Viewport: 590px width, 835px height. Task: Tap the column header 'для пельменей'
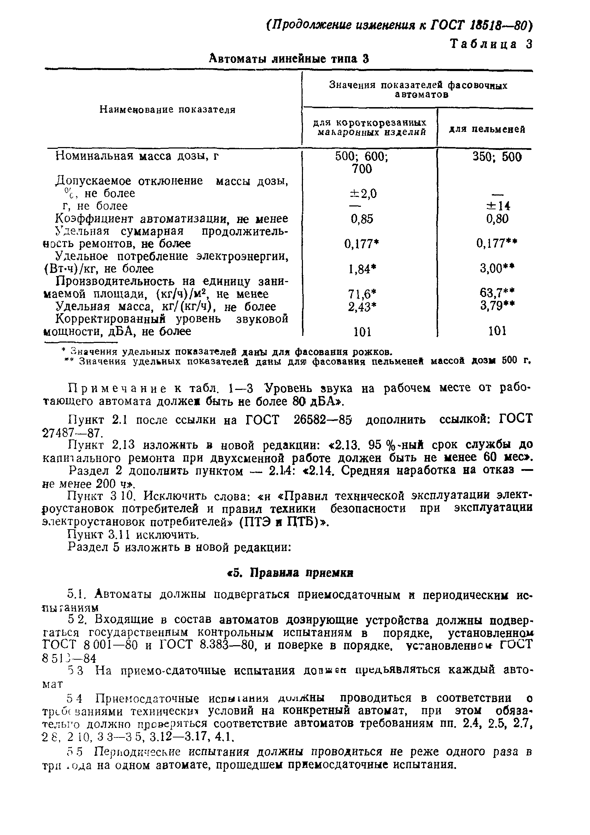point(487,129)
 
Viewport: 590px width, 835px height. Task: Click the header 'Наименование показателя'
point(168,110)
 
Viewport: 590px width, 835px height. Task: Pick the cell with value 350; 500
point(497,157)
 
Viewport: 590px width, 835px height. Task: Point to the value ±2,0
point(363,193)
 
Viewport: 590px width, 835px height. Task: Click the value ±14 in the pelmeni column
point(498,206)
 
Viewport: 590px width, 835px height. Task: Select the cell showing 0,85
point(362,219)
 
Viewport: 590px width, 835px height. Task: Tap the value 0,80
point(497,219)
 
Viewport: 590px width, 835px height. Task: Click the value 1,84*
point(362,269)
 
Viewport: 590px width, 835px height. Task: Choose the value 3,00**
point(497,268)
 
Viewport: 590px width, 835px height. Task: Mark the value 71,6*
point(362,294)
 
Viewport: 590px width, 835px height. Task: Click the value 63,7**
point(497,292)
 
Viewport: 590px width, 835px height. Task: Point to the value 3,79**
point(497,305)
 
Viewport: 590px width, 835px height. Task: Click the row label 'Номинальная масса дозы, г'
point(137,156)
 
